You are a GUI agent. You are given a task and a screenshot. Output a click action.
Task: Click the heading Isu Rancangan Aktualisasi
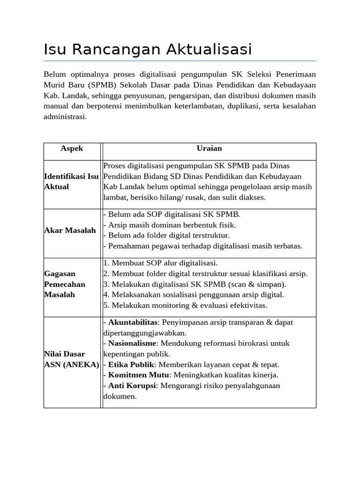148,49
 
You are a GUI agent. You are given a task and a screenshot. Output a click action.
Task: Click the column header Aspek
72,149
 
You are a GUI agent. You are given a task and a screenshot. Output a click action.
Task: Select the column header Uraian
209,149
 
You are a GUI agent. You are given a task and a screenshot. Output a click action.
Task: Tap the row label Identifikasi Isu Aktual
71,181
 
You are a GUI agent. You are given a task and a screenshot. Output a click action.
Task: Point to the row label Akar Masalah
70,230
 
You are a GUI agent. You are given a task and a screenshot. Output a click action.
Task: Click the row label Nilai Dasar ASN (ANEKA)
71,359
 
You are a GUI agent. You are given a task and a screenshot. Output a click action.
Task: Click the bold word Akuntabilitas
133,322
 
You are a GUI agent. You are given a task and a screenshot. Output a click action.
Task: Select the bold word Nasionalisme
132,344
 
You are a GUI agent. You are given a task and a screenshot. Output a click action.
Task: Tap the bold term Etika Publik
131,365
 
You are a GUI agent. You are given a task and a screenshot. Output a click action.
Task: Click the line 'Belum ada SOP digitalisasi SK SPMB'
172,215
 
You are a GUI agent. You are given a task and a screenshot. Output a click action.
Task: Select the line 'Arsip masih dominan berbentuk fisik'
168,225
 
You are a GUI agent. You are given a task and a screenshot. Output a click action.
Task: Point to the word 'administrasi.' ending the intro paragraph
65,117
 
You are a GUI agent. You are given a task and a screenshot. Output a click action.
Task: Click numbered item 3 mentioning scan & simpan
194,285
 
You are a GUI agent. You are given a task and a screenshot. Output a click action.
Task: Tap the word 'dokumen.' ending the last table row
120,397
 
